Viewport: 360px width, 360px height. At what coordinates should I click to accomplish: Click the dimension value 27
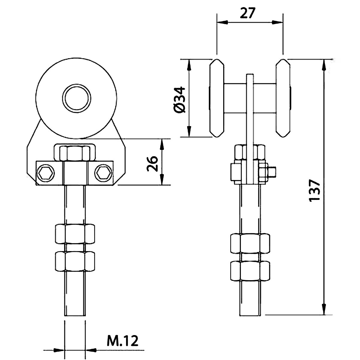(x=247, y=13)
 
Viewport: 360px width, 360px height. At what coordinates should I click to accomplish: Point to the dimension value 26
(x=152, y=164)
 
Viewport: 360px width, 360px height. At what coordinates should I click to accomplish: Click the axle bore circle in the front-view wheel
(x=76, y=98)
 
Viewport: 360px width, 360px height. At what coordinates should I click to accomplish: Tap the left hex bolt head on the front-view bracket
(x=46, y=173)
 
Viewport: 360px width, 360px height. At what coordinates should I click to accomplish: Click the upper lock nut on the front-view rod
(x=75, y=234)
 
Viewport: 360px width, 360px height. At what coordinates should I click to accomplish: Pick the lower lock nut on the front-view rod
(x=75, y=262)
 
